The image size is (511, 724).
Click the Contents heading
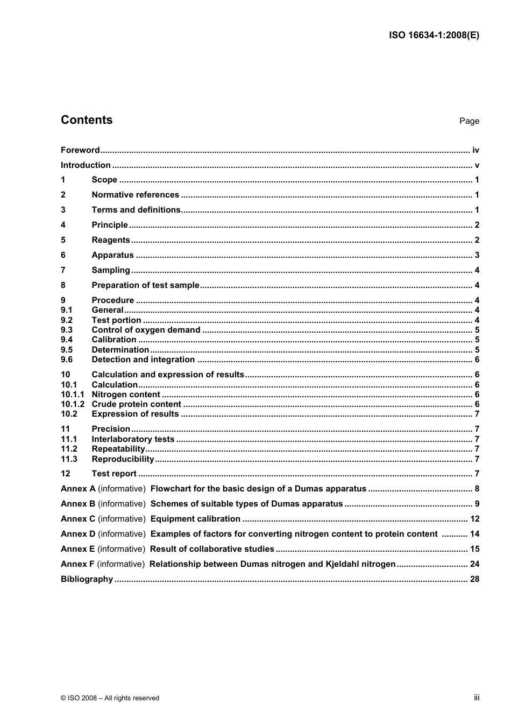87,120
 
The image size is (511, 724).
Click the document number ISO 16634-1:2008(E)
434,36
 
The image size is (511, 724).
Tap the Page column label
469,121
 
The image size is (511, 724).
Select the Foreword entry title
80,150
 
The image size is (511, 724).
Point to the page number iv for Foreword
475,150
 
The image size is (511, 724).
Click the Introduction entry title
86,165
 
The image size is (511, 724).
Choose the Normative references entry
135,195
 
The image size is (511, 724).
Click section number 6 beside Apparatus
63,255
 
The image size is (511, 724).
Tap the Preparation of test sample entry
145,285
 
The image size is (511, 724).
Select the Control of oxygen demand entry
146,330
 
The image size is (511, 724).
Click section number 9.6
67,360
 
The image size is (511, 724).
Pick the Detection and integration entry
143,360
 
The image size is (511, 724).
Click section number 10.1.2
72,404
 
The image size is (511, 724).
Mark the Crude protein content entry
136,404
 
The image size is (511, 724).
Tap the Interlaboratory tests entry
133,439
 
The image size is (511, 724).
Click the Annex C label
78,519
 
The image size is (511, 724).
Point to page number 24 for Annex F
474,564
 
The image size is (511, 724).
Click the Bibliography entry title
87,579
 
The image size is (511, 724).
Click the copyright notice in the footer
110,698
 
